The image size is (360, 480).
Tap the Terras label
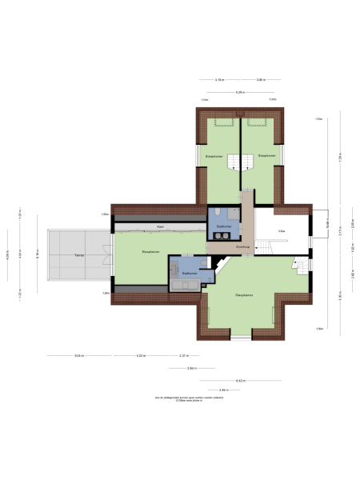coord(78,255)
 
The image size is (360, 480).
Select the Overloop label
coord(242,247)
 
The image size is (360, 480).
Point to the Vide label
coord(282,231)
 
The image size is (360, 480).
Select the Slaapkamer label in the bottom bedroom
coord(246,295)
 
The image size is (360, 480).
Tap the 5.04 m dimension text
coord(79,355)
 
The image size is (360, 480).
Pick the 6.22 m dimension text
coord(140,355)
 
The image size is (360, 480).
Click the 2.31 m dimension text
coord(183,355)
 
